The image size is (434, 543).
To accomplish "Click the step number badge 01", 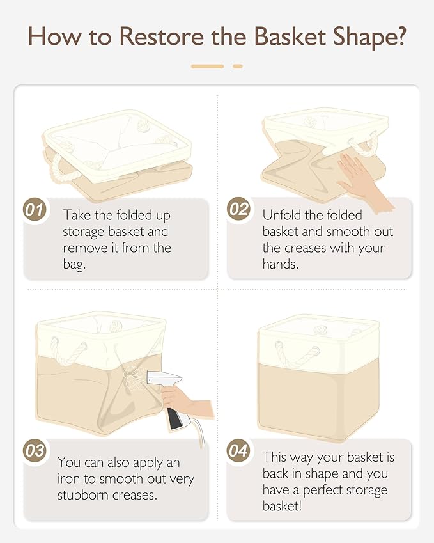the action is click(x=35, y=210).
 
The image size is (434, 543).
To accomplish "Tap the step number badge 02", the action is click(x=238, y=209).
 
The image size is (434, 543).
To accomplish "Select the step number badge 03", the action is click(x=35, y=450).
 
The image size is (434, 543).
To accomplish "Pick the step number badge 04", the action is click(x=238, y=450).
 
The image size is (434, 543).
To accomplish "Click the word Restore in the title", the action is click(x=162, y=36).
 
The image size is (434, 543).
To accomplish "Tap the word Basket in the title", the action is click(x=290, y=36).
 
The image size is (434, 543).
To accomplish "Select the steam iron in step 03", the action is click(x=170, y=398).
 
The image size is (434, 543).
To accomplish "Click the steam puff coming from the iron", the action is click(x=133, y=378).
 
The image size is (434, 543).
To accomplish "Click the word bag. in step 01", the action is click(x=74, y=265).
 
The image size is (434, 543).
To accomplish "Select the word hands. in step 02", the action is click(x=281, y=264).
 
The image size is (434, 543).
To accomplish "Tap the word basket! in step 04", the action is click(x=282, y=506).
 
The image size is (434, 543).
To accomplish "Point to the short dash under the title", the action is click(x=238, y=66).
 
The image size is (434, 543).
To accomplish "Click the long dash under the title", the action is click(x=208, y=66).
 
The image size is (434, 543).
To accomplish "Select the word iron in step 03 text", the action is click(x=68, y=478).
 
